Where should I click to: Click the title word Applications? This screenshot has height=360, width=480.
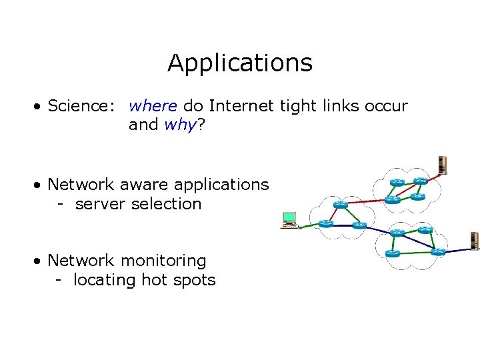pos(240,63)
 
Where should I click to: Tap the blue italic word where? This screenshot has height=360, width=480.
pos(153,106)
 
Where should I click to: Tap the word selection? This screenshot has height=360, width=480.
pos(166,203)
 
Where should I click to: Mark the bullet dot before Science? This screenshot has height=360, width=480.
pos(41,107)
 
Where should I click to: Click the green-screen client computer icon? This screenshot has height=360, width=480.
pos(289,219)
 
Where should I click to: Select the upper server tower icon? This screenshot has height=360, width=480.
pos(441,164)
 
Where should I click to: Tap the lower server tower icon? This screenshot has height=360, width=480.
pos(475,241)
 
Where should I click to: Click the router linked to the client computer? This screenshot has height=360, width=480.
pos(325,224)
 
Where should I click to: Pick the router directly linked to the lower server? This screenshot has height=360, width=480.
pos(438,252)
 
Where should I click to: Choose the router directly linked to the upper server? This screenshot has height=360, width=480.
pos(419,181)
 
